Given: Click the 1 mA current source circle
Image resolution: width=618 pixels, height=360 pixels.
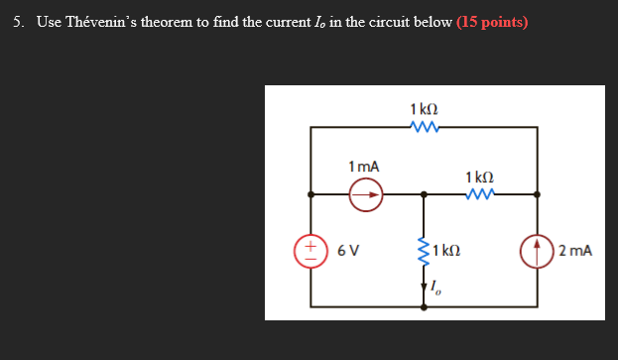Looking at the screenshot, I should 366,195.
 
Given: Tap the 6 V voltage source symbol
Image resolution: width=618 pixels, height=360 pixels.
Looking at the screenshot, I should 310,249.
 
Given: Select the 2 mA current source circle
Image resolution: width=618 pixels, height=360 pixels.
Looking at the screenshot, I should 537,249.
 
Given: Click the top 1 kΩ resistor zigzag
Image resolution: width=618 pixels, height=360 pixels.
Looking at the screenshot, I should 425,127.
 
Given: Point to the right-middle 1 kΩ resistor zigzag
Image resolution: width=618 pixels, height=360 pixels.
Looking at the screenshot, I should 480,195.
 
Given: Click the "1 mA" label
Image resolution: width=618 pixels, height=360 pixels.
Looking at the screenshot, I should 364,166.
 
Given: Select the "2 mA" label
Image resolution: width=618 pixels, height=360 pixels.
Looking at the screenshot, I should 574,250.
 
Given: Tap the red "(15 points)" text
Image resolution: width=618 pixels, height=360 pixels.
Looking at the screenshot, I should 493,22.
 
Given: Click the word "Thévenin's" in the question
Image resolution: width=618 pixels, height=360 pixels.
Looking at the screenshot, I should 104,22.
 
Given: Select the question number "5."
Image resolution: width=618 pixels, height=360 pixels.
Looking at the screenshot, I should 21,22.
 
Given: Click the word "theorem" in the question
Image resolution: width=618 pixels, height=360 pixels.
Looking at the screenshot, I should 178,22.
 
